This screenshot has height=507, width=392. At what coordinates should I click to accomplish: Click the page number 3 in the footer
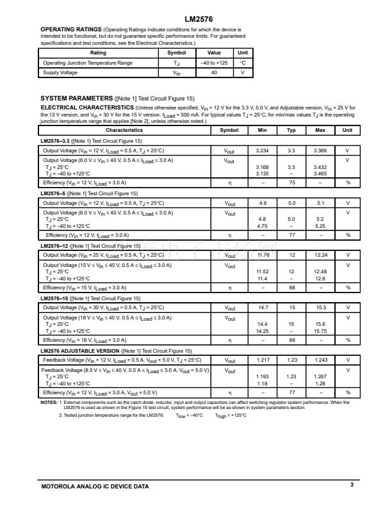coord(352,485)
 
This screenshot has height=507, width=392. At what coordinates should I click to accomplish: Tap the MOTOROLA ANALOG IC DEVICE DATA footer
coord(95,487)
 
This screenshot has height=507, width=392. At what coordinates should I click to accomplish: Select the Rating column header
coord(99,53)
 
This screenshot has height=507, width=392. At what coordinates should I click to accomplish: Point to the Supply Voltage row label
coord(60,72)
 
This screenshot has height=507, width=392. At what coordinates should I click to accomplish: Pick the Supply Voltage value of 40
coord(213,72)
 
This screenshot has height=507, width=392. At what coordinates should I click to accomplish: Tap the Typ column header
coord(291,130)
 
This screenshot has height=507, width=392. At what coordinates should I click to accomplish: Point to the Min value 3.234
coord(262,150)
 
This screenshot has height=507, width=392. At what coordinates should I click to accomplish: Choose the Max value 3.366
coord(320,150)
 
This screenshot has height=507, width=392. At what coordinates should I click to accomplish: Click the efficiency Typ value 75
coord(291,182)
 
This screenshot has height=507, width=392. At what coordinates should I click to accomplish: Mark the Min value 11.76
coord(262,255)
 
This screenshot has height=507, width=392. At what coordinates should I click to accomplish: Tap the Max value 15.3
coord(320,307)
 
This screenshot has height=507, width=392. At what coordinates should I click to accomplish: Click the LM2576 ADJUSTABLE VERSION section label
coord(79,350)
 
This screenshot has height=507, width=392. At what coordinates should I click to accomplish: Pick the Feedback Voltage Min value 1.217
coord(262,360)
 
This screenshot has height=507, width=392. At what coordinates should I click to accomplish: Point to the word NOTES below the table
coord(49,402)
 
